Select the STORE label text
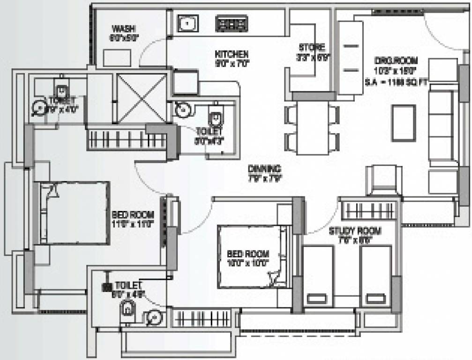[x=312, y=47]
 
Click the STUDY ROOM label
[x=354, y=231]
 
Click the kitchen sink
[x=187, y=23]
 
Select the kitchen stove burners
[x=232, y=24]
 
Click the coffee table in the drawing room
[x=403, y=123]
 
